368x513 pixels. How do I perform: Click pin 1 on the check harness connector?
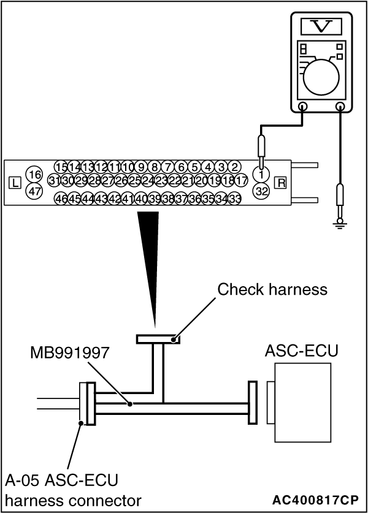tap(262, 175)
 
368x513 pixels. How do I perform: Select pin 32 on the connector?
tap(262, 191)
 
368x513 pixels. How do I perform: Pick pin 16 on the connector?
tap(34, 175)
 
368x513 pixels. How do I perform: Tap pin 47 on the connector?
tap(34, 191)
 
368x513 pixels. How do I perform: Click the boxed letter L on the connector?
tap(15, 182)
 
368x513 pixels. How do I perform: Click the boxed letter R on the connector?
tap(281, 182)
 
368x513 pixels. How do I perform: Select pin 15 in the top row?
tap(61, 167)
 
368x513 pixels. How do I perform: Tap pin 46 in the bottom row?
tap(61, 199)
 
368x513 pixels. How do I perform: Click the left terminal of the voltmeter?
tap(302, 106)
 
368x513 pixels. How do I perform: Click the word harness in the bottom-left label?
tap(32, 500)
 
